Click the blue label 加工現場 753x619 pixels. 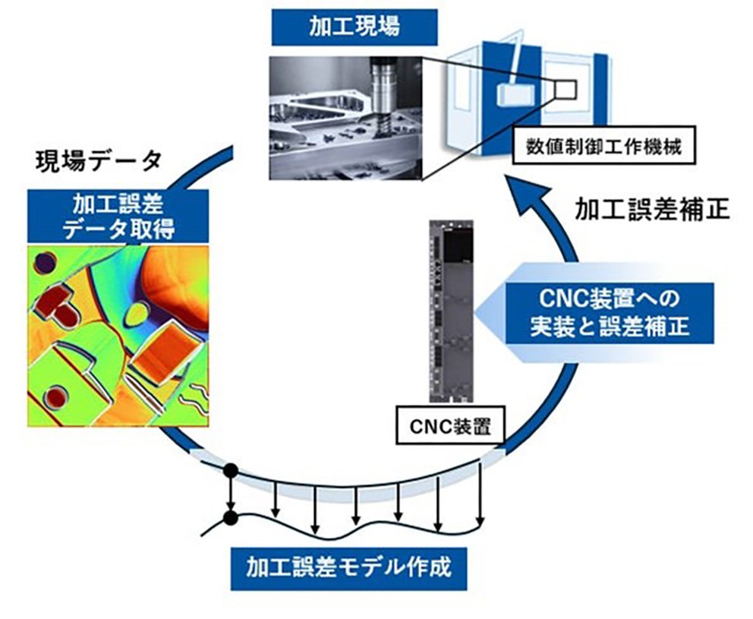coord(354,28)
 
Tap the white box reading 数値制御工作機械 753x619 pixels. coord(603,147)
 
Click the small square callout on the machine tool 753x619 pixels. coord(566,88)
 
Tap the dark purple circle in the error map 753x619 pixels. coord(45,263)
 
